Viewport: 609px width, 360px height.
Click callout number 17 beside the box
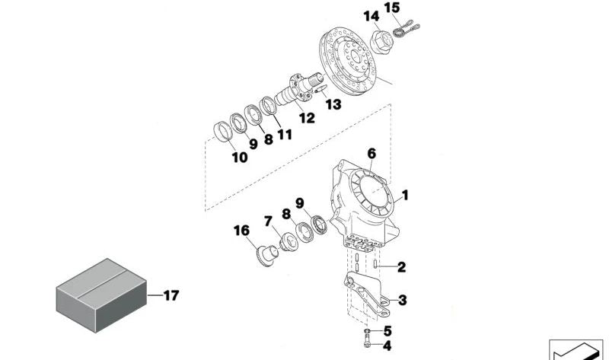[171, 295]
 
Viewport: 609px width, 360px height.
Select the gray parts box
[102, 295]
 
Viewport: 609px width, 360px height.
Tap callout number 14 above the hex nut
[371, 16]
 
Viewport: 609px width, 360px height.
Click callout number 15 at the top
[392, 8]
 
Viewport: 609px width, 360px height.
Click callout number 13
[333, 104]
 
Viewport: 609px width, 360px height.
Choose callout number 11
[285, 135]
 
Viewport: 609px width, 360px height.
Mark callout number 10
[239, 158]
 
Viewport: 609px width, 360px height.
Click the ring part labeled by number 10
[223, 130]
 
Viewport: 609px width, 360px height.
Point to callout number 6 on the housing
[371, 153]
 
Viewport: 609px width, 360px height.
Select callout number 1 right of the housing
[406, 196]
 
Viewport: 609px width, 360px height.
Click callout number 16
[241, 229]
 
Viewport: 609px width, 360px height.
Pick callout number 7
[268, 221]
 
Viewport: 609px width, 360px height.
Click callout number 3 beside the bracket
[402, 300]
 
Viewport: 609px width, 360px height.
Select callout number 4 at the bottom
[387, 346]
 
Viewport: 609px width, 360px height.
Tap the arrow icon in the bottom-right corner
[576, 351]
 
